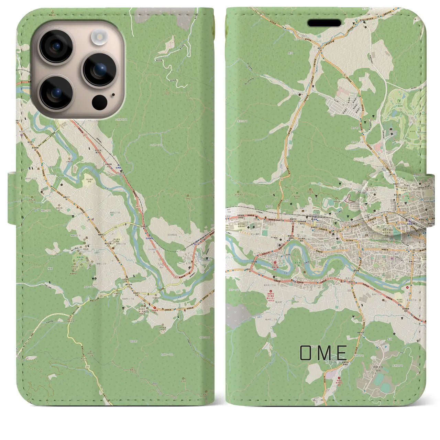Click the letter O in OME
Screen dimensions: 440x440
pyautogui.click(x=306, y=353)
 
